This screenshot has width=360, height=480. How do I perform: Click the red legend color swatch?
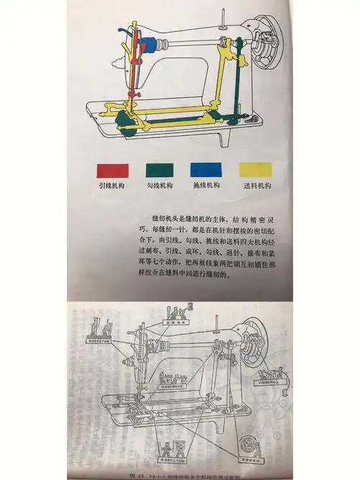114,170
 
